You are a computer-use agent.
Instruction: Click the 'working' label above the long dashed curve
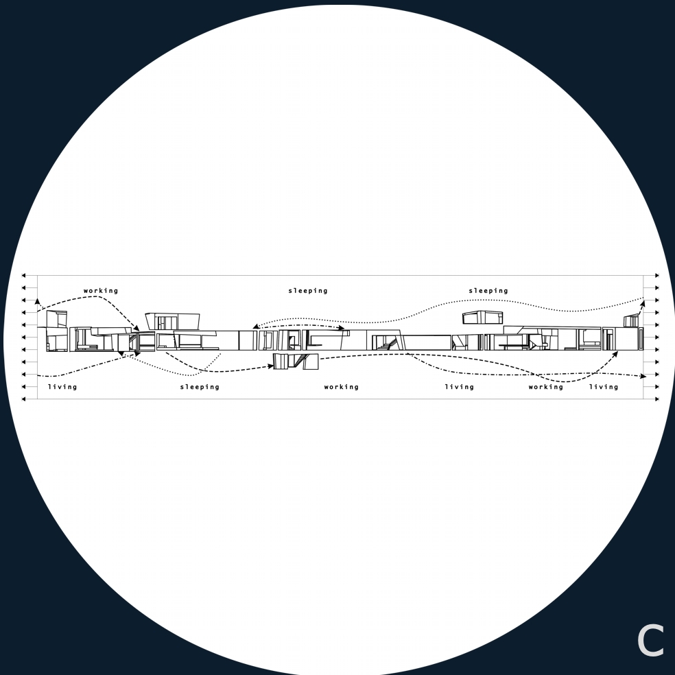pos(101,291)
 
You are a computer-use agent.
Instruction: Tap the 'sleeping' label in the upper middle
pos(308,291)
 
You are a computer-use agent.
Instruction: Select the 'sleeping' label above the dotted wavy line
pos(488,291)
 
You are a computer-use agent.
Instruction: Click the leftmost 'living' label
pos(62,387)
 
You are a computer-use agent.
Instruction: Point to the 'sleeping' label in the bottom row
pos(200,387)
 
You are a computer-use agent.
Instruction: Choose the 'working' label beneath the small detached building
pos(342,387)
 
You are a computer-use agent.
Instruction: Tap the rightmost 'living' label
pos(604,387)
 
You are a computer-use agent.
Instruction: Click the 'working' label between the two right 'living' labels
pos(546,387)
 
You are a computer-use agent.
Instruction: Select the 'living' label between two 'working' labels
pos(460,387)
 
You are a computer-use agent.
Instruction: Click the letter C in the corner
pos(650,641)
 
